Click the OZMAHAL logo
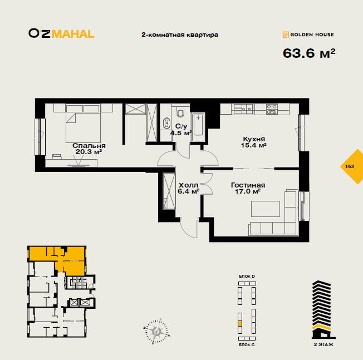tap(61, 33)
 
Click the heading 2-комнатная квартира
tap(180, 34)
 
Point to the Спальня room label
tap(90, 145)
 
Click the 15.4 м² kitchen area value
tap(254, 146)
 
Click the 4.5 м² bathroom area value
tap(180, 134)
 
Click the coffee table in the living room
tap(265, 209)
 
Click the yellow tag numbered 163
tap(350, 166)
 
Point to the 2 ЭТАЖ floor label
tap(324, 345)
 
